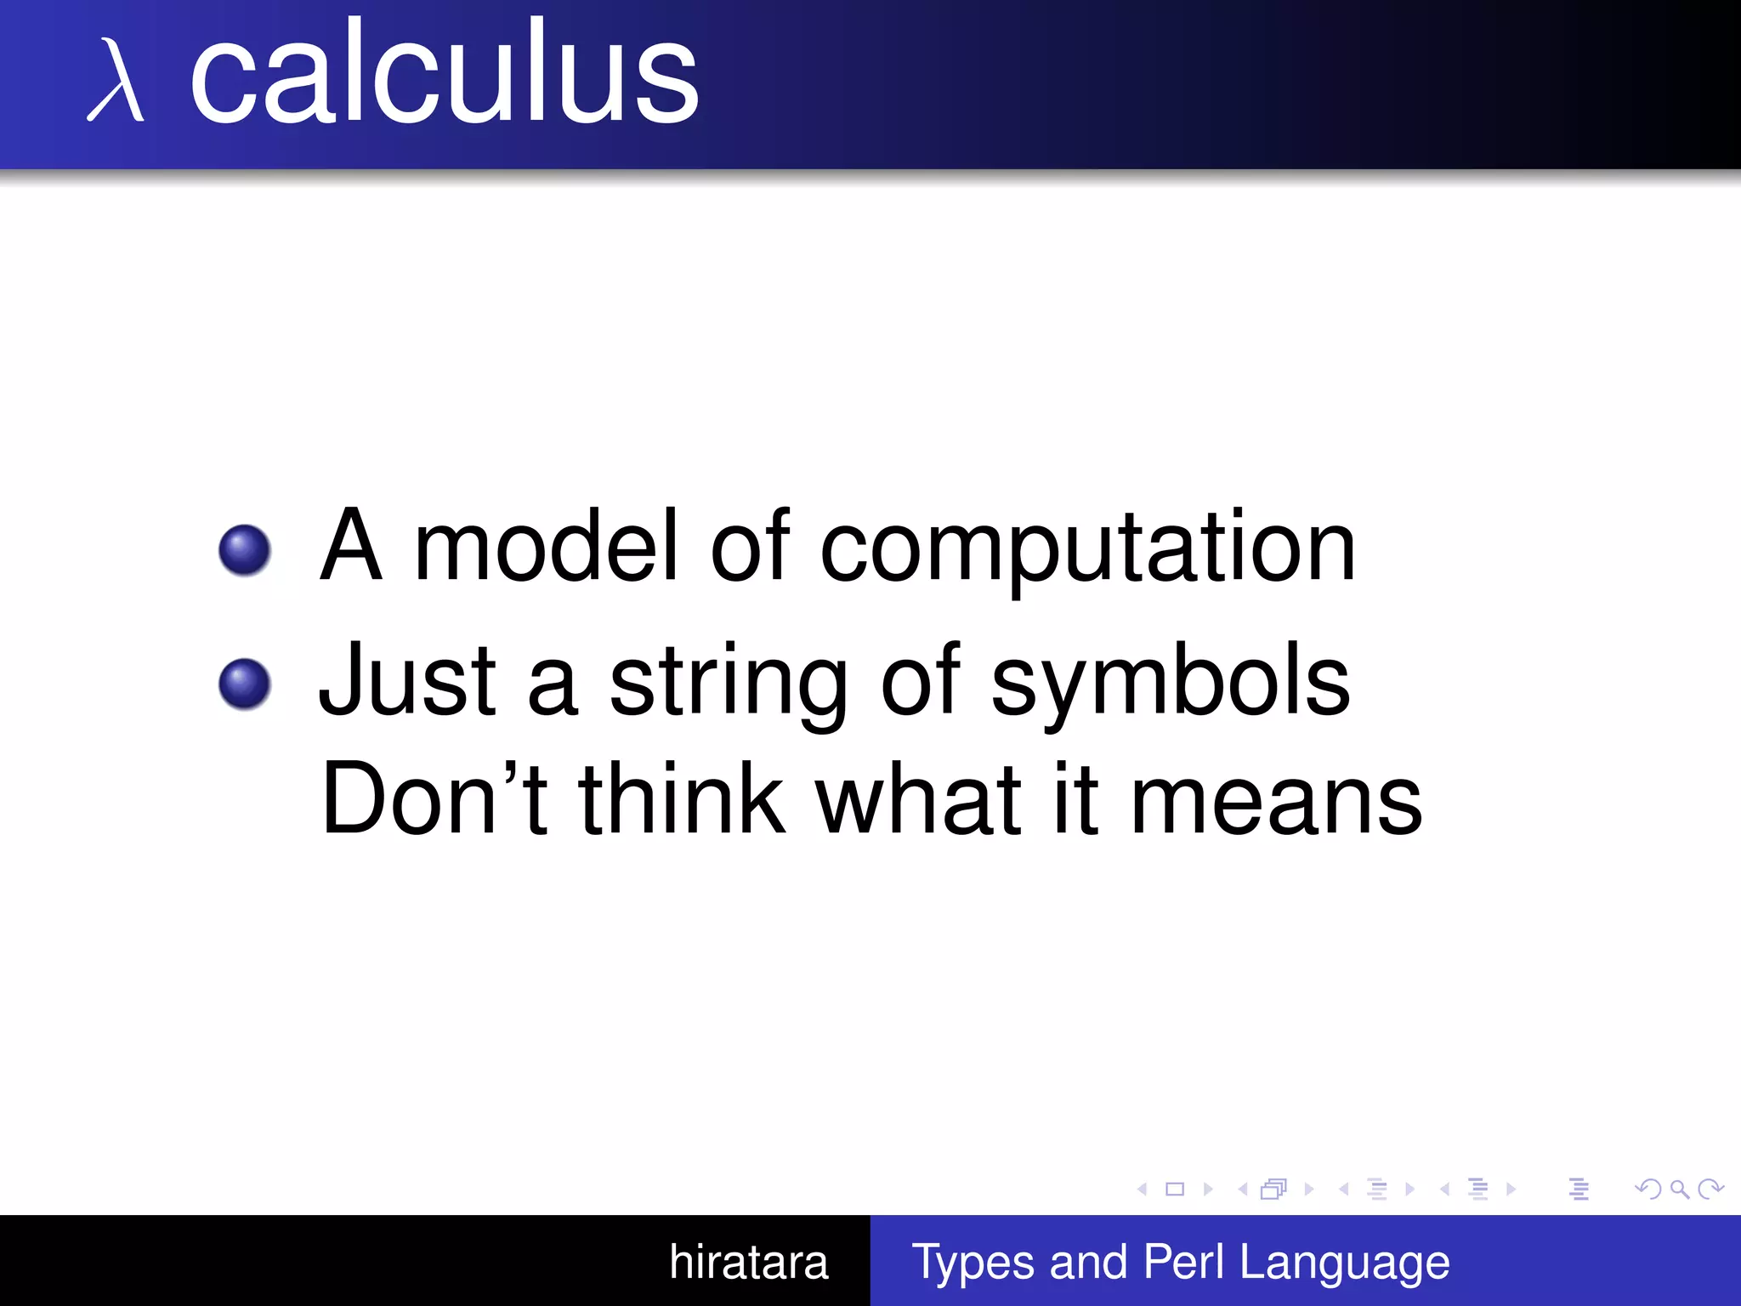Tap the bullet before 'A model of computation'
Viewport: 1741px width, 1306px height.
coord(245,550)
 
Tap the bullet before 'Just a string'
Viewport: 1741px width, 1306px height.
coord(245,684)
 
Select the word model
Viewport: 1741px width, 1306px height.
coord(546,546)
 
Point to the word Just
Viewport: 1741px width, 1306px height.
coord(407,680)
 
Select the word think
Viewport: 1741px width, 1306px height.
coord(682,799)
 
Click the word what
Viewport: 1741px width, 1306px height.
coord(918,799)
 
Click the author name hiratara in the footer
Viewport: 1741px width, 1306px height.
coord(748,1262)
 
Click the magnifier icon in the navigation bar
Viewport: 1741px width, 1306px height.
coord(1679,1189)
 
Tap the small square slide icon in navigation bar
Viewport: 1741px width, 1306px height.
coord(1175,1189)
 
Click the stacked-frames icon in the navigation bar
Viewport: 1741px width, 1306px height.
coord(1273,1189)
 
